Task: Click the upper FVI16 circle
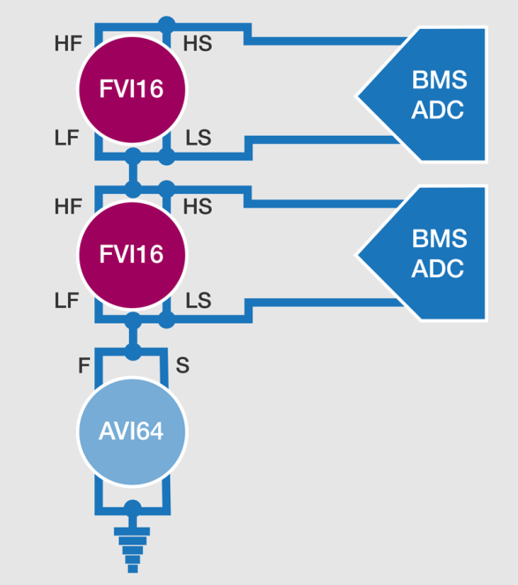click(132, 89)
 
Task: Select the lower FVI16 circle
click(132, 255)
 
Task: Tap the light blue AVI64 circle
click(132, 431)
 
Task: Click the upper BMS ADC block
click(421, 94)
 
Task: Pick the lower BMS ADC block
click(421, 254)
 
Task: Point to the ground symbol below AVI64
click(132, 550)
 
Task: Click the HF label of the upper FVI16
click(68, 43)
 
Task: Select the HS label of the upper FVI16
click(198, 43)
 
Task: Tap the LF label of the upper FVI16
click(67, 138)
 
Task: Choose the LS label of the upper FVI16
click(199, 138)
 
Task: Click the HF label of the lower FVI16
click(68, 206)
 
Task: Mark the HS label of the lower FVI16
click(198, 206)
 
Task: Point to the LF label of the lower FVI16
click(67, 300)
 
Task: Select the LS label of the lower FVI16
click(199, 300)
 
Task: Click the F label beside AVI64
click(84, 365)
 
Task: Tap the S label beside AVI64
click(183, 365)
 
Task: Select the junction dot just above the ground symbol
click(132, 508)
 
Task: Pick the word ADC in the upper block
click(438, 110)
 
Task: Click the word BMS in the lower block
click(439, 238)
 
